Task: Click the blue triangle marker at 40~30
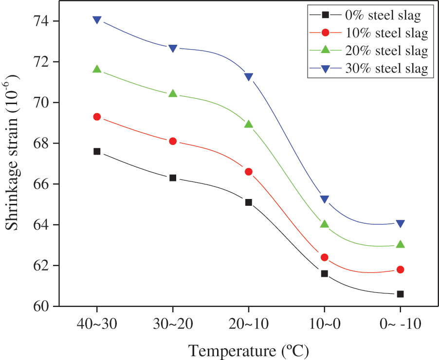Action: coord(97,20)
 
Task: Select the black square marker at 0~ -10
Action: coord(400,294)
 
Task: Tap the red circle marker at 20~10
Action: coord(249,172)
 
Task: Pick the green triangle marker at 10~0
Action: coord(325,224)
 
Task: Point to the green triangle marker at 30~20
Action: coord(173,93)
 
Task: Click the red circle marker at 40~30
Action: coord(97,117)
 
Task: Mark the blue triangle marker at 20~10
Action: coord(249,77)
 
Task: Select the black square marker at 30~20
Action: coord(173,178)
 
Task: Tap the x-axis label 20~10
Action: coord(249,324)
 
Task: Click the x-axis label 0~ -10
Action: coord(400,324)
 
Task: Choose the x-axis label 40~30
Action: coord(97,324)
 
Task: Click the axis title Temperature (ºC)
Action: coord(248,350)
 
